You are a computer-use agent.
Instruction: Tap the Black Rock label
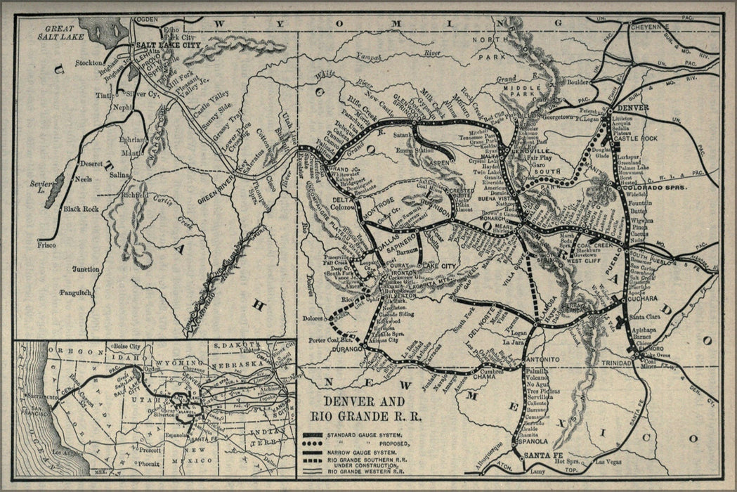(x=81, y=209)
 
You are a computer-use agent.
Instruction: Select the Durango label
(x=346, y=348)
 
